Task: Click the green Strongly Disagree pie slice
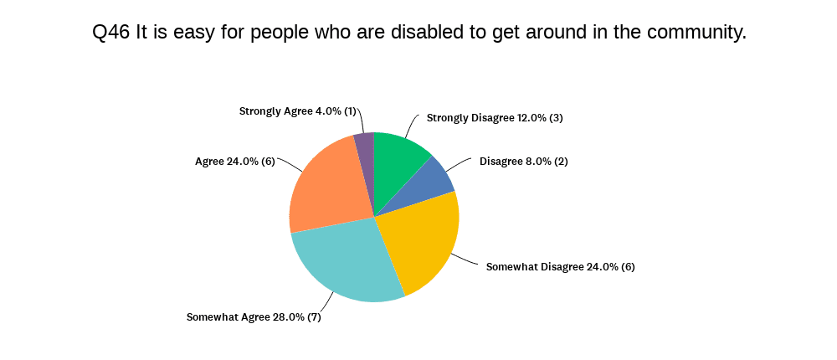[397, 163]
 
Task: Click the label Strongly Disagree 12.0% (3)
[495, 118]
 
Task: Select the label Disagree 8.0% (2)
[523, 161]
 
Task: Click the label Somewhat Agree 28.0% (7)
[254, 317]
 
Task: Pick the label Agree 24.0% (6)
[234, 161]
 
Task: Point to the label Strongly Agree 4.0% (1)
[298, 111]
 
